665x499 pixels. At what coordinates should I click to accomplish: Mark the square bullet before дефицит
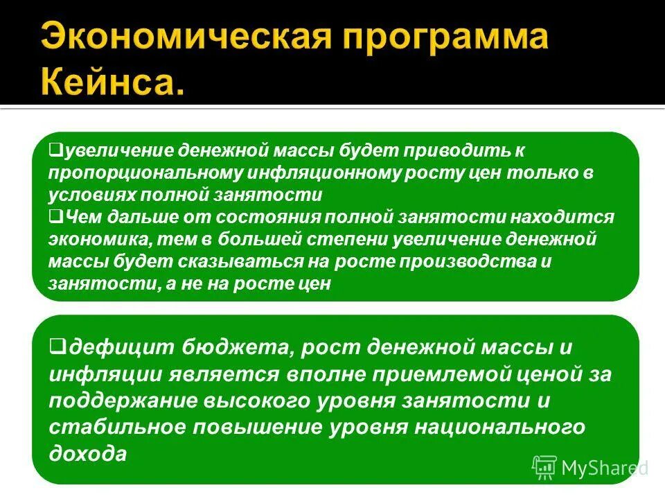click(x=57, y=344)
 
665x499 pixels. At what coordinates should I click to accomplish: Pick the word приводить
click(x=463, y=150)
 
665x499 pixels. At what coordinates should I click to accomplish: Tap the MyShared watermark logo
click(x=589, y=468)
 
